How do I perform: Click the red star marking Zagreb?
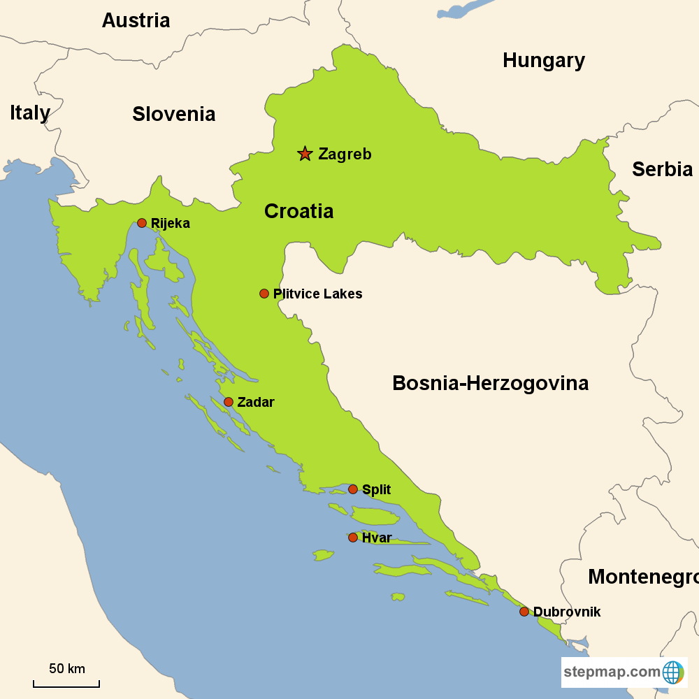click(305, 154)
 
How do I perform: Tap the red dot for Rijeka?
click(142, 223)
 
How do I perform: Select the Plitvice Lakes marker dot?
click(264, 294)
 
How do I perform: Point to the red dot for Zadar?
click(229, 402)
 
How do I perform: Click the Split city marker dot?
click(353, 489)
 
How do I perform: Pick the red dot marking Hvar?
click(353, 538)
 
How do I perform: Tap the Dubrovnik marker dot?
click(524, 612)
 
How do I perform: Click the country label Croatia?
click(298, 211)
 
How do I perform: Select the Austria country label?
click(136, 20)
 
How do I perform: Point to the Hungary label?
click(543, 61)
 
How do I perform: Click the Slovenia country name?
click(173, 114)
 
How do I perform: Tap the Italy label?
click(30, 113)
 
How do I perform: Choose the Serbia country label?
click(662, 169)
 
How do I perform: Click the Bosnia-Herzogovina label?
click(490, 383)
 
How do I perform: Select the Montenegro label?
click(642, 577)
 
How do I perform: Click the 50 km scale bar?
click(66, 683)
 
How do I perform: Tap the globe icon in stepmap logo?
click(672, 672)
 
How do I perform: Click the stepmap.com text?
click(612, 672)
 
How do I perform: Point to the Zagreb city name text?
click(345, 154)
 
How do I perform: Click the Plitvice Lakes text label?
click(318, 294)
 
